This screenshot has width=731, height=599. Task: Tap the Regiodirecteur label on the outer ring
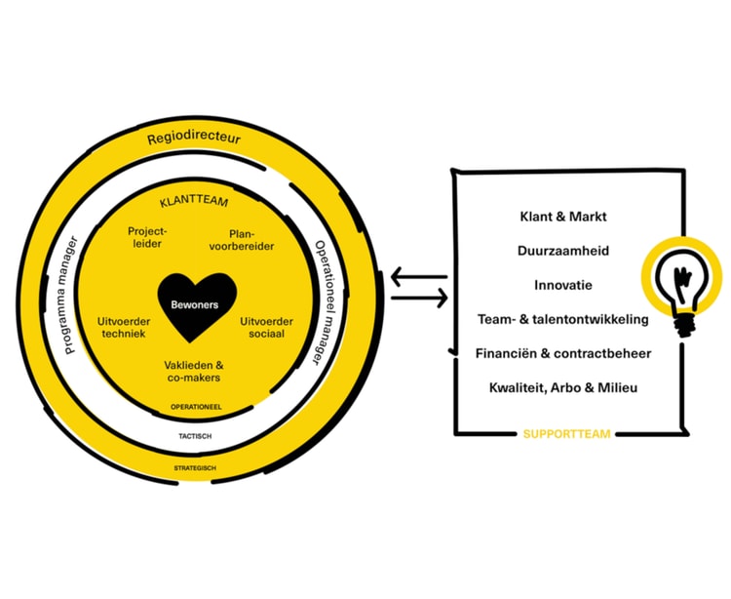coord(194,140)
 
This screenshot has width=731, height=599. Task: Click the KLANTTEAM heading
coord(193,204)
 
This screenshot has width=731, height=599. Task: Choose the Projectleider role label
coord(147,238)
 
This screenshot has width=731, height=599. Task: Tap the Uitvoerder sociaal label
coord(266,327)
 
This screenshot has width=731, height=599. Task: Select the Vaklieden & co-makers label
coord(193,371)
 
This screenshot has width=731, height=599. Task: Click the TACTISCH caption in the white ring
coord(196,436)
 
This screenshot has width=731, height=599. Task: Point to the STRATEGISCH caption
coord(196,468)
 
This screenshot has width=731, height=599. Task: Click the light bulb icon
coord(681,282)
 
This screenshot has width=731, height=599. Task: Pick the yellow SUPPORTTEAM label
coord(566,433)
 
